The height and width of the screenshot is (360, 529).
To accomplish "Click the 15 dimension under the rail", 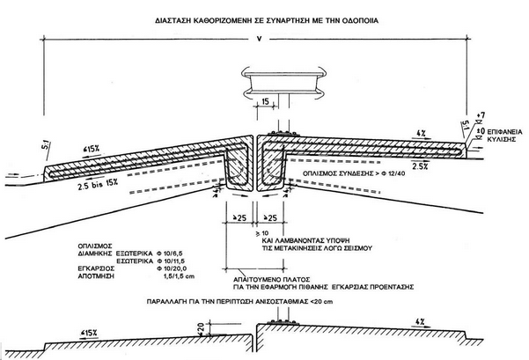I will click(x=265, y=104).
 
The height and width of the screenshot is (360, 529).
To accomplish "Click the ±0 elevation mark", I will click(x=479, y=130).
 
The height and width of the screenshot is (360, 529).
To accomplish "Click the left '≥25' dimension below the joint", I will click(x=235, y=217).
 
